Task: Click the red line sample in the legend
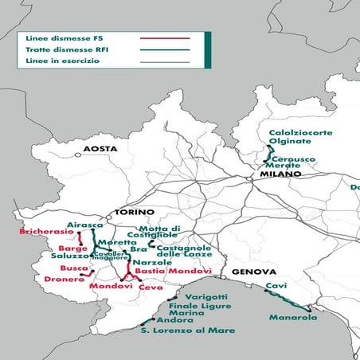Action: (165, 37)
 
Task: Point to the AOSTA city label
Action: (100, 150)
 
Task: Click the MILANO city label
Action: (273, 174)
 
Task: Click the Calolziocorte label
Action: (299, 133)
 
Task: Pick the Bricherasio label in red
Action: (44, 233)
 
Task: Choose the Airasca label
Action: (85, 225)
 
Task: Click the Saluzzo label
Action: (70, 255)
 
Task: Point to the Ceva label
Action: (150, 288)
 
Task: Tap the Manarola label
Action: (293, 318)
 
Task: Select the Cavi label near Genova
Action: (276, 285)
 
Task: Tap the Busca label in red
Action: (74, 268)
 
